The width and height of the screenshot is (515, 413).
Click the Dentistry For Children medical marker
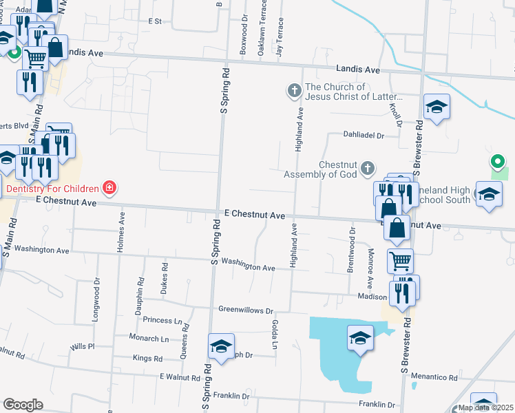coord(109,187)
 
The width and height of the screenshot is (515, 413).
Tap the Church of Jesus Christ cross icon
coord(294,90)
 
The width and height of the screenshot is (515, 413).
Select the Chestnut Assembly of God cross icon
coord(368,168)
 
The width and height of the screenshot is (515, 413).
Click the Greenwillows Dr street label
coord(246,310)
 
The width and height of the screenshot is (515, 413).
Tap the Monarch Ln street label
coord(149,339)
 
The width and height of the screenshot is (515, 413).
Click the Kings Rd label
coord(147,359)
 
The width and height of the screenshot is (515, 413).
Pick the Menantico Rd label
coord(434,377)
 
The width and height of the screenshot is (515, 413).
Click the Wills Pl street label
coord(81,346)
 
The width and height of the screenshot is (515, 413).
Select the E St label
coord(154,21)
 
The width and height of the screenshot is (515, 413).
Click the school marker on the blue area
coord(359,338)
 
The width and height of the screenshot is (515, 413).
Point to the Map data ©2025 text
coord(485,407)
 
